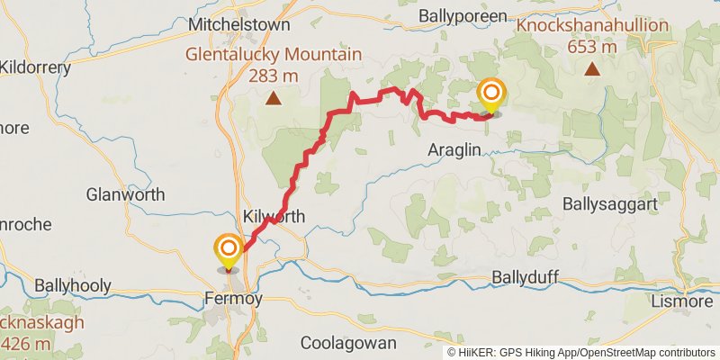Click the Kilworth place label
coord(274,217)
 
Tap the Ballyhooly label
coord(73,286)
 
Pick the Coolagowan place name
coord(343,343)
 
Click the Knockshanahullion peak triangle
coord(593,68)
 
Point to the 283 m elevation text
coord(274,75)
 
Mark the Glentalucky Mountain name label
coord(274,54)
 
